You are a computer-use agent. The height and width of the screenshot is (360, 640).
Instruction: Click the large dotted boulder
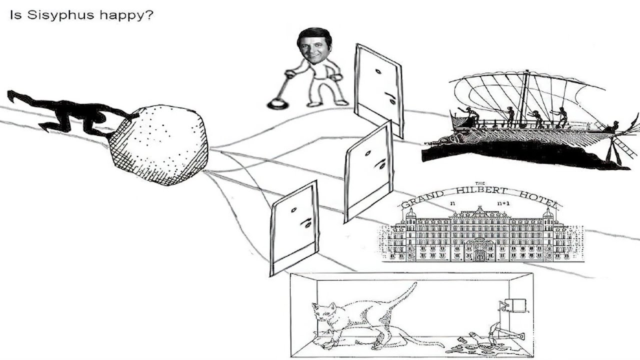[x=159, y=145]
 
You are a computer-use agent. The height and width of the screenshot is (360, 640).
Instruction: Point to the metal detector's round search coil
[x=276, y=104]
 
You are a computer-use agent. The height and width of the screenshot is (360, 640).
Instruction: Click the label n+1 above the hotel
[x=502, y=203]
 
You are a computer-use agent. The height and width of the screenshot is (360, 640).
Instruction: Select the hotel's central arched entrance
[x=480, y=250]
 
